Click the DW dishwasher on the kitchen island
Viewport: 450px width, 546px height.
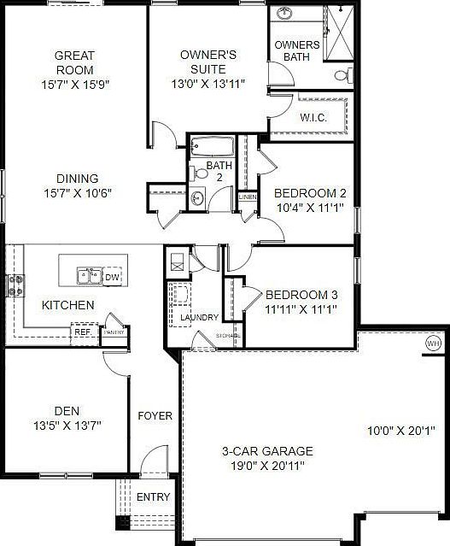[113, 276]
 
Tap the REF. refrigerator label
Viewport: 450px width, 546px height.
[83, 332]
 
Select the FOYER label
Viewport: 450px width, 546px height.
[155, 416]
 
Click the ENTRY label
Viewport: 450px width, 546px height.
[154, 497]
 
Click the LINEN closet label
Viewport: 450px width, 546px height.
[248, 197]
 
